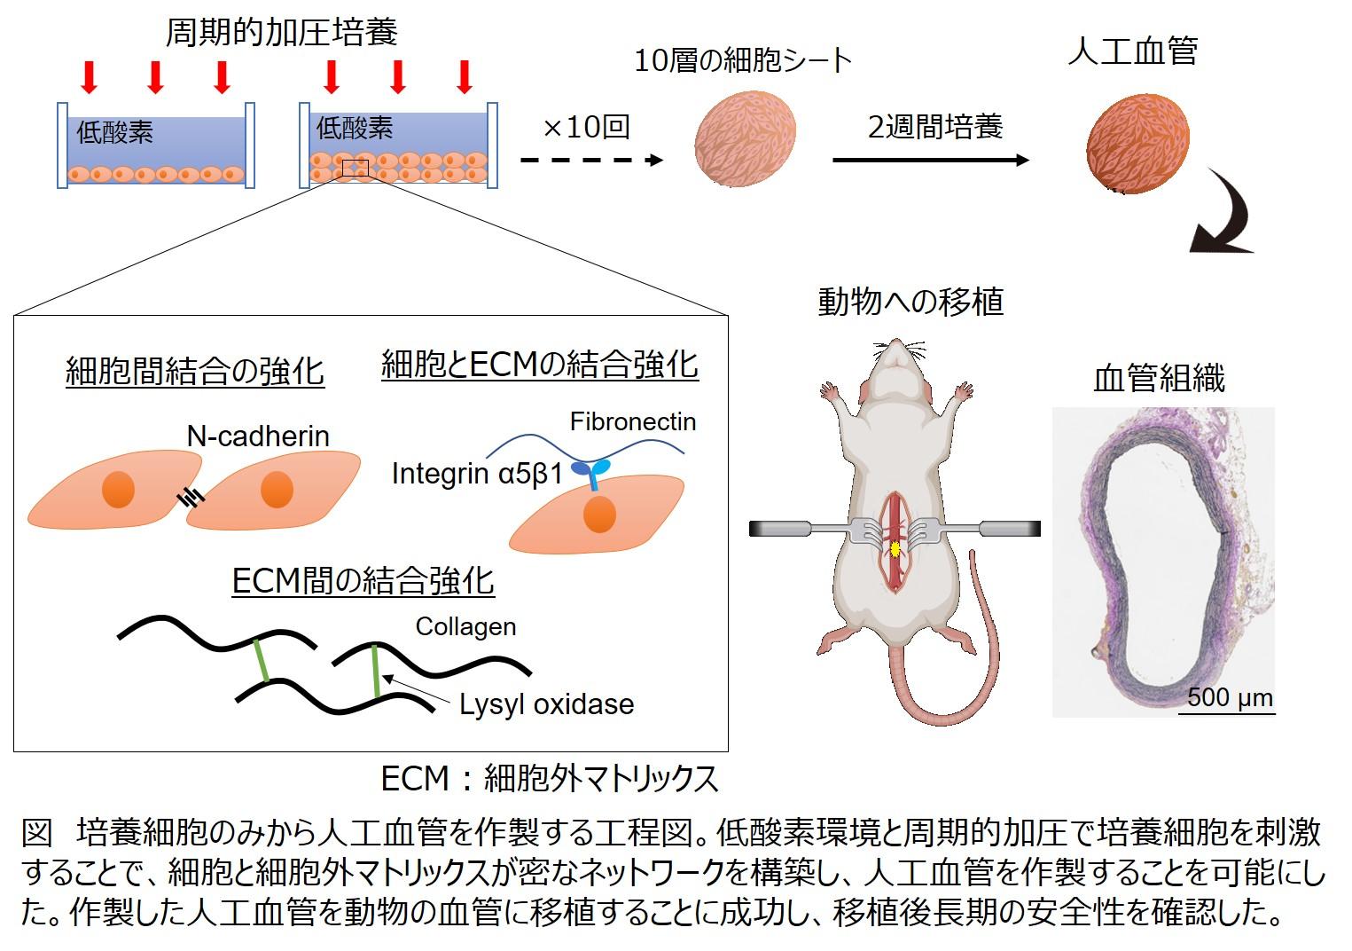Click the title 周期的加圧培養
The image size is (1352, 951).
(282, 33)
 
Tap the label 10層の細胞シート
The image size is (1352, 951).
(743, 60)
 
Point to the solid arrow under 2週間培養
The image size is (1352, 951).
(931, 161)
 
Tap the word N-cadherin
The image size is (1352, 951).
(258, 436)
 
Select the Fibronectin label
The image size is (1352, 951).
(632, 421)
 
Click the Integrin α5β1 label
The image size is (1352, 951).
(477, 474)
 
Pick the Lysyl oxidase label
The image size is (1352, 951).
(546, 704)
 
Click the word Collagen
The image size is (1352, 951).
(465, 626)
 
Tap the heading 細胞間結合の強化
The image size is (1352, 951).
(195, 372)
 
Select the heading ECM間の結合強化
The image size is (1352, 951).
(363, 581)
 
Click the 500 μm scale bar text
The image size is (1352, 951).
(1230, 697)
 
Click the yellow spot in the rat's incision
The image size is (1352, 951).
(895, 549)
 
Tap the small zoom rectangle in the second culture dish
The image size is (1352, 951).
(355, 168)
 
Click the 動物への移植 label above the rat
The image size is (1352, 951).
(910, 302)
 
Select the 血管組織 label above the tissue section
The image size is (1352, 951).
(1159, 379)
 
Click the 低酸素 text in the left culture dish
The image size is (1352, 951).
(115, 133)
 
